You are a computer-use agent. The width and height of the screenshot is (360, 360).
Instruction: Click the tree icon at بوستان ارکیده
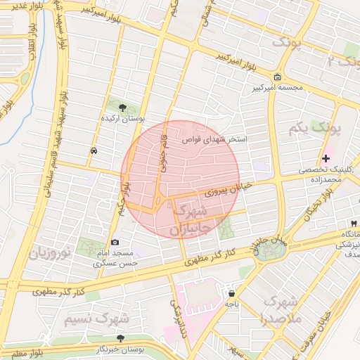pos(124,108)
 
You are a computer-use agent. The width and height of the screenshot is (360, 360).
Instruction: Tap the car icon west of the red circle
pos(94,151)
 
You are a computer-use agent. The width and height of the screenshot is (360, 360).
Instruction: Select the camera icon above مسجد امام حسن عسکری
pos(115,242)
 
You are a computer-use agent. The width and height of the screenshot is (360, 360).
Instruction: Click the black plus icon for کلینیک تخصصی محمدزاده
pos(326,158)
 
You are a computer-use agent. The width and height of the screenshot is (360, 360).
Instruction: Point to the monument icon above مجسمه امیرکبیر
pos(278,77)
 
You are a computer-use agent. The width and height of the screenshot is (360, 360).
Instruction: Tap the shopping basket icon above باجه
pos(231,293)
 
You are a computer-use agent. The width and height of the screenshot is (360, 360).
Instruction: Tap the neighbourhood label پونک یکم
pos(314,129)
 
